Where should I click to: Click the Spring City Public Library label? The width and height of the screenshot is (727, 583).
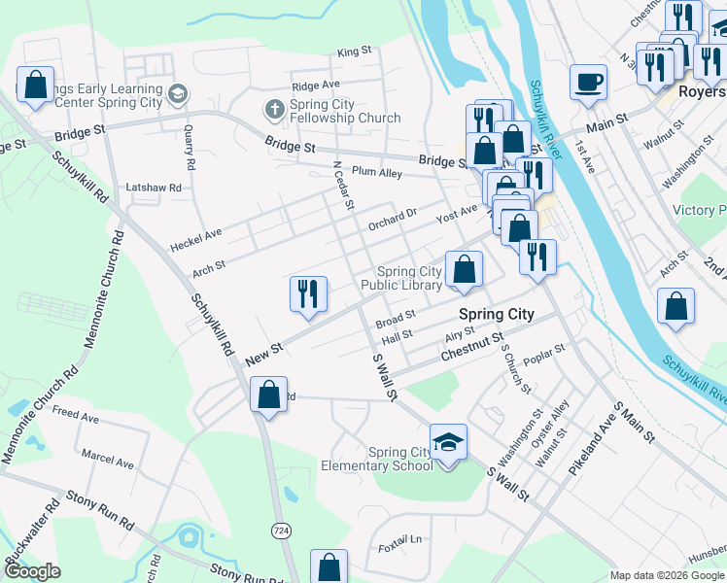[401, 278]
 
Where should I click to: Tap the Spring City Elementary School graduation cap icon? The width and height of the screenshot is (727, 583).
[448, 442]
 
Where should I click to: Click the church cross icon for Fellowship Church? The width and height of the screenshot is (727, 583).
[275, 108]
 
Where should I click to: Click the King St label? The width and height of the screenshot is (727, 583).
[355, 51]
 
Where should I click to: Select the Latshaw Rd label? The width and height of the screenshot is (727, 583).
[154, 187]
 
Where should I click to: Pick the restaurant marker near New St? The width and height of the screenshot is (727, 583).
[309, 292]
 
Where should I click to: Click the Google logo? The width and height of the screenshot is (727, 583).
[32, 571]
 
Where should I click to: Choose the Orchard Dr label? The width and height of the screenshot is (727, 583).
[392, 220]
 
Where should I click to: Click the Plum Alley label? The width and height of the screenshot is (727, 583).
[377, 172]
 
